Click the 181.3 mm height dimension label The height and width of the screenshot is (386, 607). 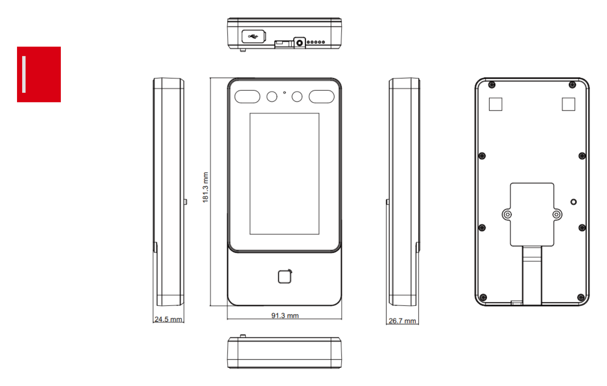click(x=206, y=187)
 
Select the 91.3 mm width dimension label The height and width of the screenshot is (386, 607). click(x=285, y=315)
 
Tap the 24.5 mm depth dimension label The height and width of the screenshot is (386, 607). click(x=168, y=319)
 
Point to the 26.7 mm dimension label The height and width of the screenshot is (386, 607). click(x=402, y=320)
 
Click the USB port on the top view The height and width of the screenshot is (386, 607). click(x=254, y=36)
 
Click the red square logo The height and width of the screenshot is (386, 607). click(x=39, y=74)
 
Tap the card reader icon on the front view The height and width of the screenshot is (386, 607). click(x=285, y=277)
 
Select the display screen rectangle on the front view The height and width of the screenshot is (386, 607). click(x=284, y=174)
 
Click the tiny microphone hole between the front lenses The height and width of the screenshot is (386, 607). click(x=284, y=92)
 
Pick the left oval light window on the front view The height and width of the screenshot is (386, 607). click(x=247, y=97)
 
